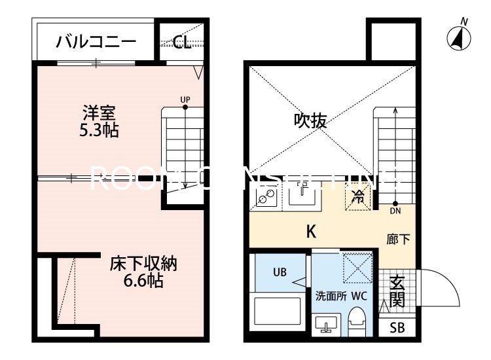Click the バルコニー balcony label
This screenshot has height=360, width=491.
click(96, 43)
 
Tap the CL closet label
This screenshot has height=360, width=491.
click(183, 43)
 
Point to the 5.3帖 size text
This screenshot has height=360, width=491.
click(99, 130)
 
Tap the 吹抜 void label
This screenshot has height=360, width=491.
click(310, 120)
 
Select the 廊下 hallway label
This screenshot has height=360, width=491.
click(398, 240)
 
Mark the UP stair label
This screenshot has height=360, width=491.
click(185, 99)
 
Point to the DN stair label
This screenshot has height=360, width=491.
click(395, 211)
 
